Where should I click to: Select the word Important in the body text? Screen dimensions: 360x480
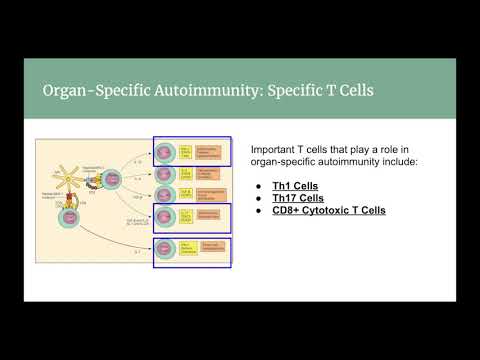coord(275,147)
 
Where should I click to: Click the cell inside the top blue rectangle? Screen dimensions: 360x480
coord(165,152)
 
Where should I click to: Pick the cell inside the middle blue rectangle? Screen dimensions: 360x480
coord(165,216)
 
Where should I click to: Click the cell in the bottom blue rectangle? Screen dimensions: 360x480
coord(165,251)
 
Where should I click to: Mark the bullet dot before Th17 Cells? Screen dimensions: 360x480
coord(258,199)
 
